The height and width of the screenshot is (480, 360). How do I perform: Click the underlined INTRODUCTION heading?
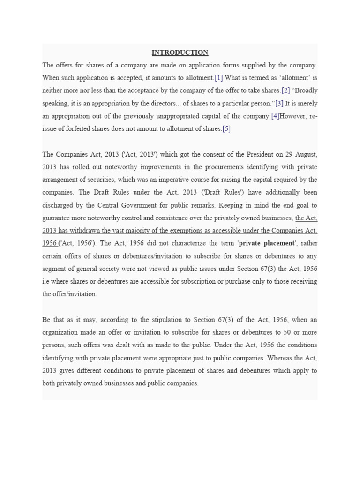(x=180, y=52)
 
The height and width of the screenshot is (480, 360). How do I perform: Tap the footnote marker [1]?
(x=218, y=78)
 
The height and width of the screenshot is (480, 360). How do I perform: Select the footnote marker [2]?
(x=286, y=90)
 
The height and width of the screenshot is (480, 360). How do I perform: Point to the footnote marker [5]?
(x=226, y=128)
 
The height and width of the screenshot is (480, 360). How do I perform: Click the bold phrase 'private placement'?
(x=267, y=243)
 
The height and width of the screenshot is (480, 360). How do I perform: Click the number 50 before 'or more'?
(x=278, y=332)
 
